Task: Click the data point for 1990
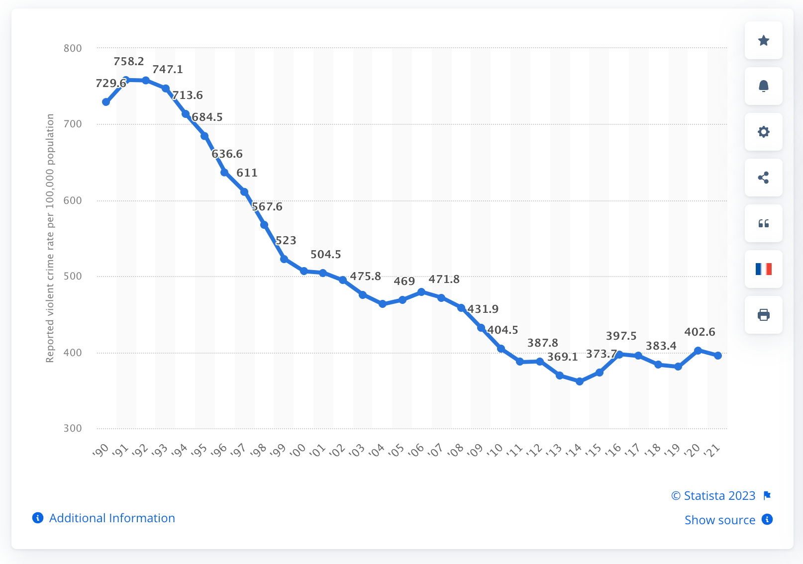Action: pos(106,102)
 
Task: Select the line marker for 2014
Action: pos(580,381)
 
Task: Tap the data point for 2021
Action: pos(718,356)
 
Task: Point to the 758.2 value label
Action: pos(129,62)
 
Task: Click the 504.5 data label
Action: pos(326,255)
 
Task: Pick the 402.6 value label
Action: pos(700,332)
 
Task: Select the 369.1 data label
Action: pos(563,357)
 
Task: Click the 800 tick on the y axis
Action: pos(73,48)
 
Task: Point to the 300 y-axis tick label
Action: pos(73,428)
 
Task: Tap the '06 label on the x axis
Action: pos(416,450)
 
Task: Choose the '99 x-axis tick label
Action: pos(278,450)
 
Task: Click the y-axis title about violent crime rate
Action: pos(50,238)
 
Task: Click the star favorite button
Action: pos(764,40)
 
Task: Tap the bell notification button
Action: pos(764,86)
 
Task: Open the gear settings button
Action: pos(764,132)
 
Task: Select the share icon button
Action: pos(764,178)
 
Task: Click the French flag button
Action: pos(764,269)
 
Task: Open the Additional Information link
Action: pos(112,518)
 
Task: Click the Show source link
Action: pos(720,520)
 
